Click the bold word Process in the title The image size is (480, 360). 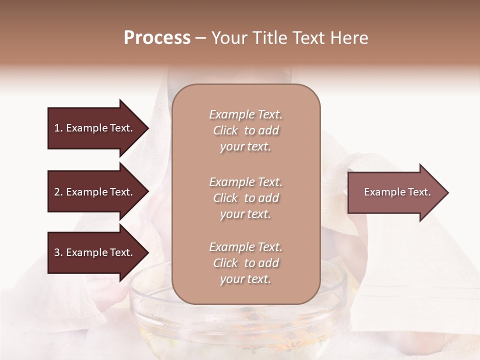point(157,38)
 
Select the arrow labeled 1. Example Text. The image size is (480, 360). point(95,128)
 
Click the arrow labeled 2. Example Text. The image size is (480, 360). point(95,192)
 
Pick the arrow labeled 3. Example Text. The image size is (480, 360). point(95,252)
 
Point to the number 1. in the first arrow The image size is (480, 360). point(58,128)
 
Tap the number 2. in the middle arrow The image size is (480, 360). point(58,192)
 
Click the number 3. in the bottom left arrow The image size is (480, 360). point(58,252)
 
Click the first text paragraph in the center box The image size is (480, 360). point(245,130)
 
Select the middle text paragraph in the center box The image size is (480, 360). point(245,198)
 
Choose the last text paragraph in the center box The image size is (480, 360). point(245,263)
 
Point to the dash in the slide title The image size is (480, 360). point(200,38)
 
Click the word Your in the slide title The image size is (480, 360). point(227,38)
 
